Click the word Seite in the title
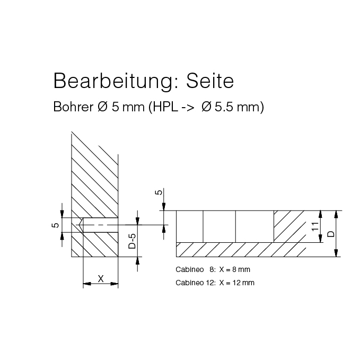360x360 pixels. [x=210, y=81]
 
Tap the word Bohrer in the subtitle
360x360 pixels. [x=73, y=107]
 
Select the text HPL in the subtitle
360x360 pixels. [x=165, y=107]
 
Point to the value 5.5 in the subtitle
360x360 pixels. [x=224, y=107]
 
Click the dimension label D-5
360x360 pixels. [x=132, y=241]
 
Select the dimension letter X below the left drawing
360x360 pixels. [x=101, y=279]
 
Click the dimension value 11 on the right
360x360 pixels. [x=315, y=226]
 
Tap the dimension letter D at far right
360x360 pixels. [x=331, y=234]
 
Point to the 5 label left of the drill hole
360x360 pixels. [x=56, y=225]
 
